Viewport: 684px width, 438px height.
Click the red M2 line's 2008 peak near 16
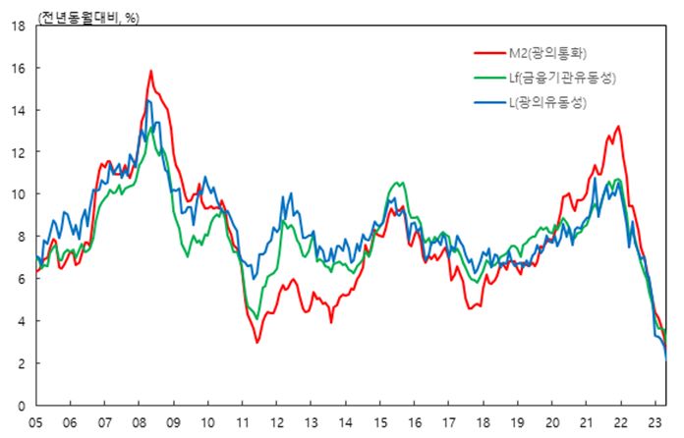click(x=151, y=71)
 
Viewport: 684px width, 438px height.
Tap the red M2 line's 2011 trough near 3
click(x=257, y=342)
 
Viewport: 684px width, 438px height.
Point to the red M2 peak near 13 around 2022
click(x=618, y=127)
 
